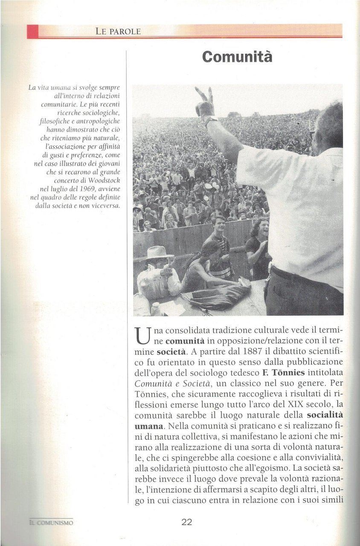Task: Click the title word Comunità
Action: [x=237, y=57]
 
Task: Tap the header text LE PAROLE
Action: [x=118, y=31]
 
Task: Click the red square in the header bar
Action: [x=32, y=32]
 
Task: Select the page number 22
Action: [x=187, y=522]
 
